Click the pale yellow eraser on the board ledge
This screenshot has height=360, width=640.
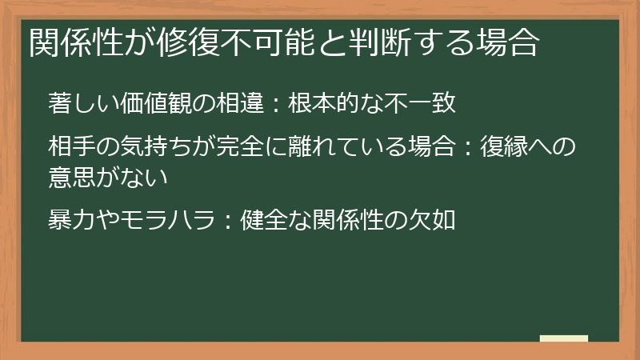[x=564, y=338]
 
